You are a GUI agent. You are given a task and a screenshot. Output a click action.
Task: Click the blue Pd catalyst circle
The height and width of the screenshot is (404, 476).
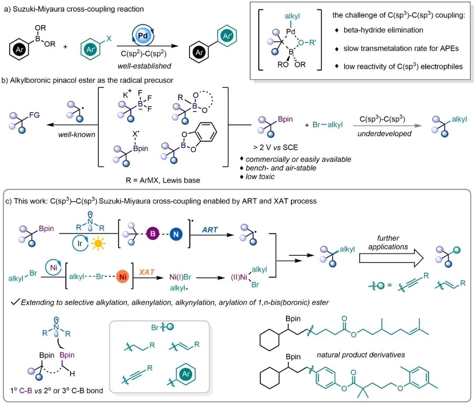point(143,35)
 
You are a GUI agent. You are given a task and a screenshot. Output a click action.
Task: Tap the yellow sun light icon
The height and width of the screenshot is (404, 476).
point(98,243)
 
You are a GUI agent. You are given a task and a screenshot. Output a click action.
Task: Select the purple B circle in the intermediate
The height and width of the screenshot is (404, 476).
point(152,234)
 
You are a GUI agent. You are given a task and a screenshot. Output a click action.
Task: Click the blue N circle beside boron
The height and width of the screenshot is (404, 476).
point(176,234)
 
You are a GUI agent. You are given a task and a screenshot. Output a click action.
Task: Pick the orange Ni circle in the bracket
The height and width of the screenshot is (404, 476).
point(123,277)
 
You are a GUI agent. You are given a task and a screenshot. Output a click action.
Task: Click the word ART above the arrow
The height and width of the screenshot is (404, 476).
point(210,230)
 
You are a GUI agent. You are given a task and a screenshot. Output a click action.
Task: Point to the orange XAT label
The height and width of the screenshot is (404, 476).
point(147,272)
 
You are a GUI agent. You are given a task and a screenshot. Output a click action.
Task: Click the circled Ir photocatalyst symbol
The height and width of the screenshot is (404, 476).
point(80,243)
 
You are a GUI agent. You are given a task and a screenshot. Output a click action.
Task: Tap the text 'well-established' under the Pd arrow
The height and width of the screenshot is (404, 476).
point(145,66)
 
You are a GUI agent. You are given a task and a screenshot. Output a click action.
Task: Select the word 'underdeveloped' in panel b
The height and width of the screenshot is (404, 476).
point(384,134)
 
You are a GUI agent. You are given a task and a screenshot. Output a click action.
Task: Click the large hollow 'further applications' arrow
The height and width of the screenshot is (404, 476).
point(391,258)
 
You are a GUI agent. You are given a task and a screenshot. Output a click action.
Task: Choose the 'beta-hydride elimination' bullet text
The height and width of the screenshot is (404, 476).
point(383,30)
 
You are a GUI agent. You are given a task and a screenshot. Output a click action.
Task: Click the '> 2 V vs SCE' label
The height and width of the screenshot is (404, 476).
point(275,148)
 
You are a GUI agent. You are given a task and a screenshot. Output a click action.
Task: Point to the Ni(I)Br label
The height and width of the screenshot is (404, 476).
point(180,277)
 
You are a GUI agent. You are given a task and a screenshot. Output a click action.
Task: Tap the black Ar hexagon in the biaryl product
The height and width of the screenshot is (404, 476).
point(199,52)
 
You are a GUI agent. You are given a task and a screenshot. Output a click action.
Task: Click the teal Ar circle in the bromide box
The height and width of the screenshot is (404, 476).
point(186,374)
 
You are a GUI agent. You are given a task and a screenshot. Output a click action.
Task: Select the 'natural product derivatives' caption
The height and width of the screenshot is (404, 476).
point(361,355)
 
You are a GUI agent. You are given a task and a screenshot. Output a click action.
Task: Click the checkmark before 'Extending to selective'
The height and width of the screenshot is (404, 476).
point(15,302)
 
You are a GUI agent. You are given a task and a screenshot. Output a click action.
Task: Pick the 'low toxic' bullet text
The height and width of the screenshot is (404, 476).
point(260,176)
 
